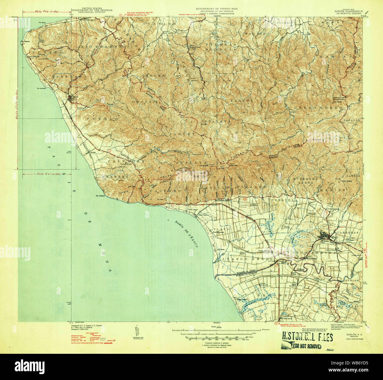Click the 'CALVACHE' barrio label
tap(118, 161)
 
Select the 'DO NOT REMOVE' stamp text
tap(306, 346)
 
